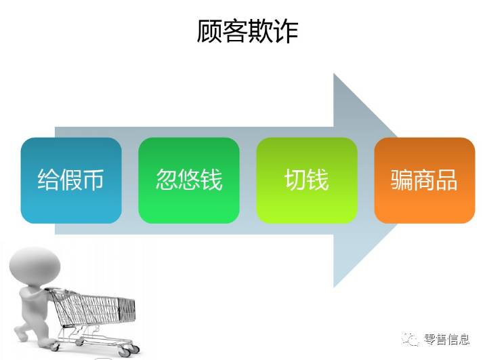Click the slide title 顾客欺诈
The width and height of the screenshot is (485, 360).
247,31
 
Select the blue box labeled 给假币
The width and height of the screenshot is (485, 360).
71,180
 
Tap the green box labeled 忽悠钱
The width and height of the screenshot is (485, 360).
189,180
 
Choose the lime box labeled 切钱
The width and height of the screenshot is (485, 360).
307,180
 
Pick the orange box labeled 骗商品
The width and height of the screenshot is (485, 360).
424,180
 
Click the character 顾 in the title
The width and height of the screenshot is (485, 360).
209,31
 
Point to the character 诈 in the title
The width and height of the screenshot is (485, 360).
286,31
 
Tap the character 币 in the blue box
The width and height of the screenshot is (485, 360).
93,180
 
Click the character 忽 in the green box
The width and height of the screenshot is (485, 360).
167,180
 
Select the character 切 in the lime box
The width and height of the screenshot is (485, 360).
295,180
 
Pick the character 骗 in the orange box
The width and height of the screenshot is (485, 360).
402,180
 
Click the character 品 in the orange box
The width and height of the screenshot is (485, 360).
446,180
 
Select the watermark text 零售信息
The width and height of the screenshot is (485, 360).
446,340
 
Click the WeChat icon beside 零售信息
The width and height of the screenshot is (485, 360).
410,340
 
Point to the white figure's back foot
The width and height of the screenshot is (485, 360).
21,334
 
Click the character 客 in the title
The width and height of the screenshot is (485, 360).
234,31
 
